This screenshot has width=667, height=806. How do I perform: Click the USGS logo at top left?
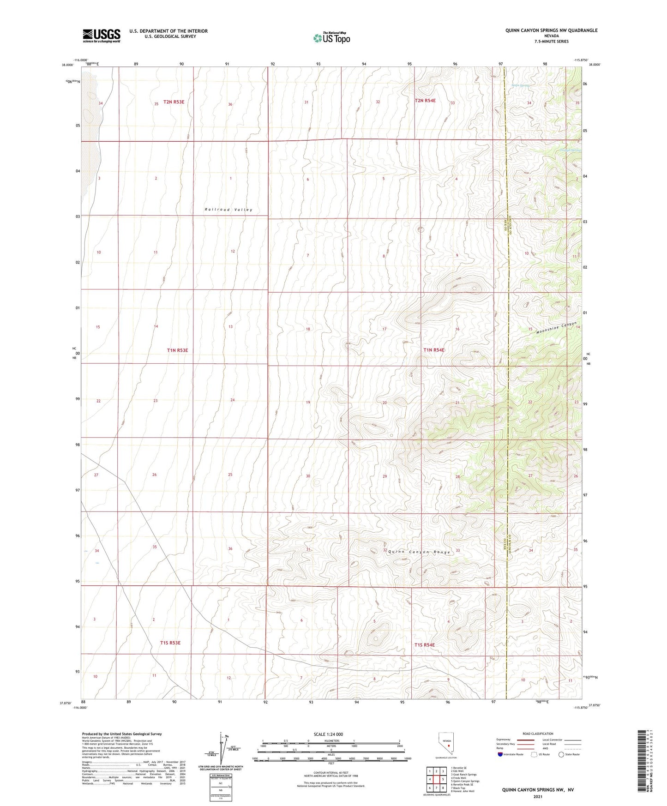pyautogui.click(x=102, y=36)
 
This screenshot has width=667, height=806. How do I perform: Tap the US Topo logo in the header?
pyautogui.click(x=331, y=38)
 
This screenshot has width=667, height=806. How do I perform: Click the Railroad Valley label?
pyautogui.click(x=228, y=210)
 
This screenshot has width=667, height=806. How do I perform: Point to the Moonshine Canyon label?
pyautogui.click(x=556, y=328)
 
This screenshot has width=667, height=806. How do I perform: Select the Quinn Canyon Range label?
pyautogui.click(x=419, y=552)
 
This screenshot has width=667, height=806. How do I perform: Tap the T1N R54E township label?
pyautogui.click(x=433, y=350)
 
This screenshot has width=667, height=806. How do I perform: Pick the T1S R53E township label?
pyautogui.click(x=170, y=643)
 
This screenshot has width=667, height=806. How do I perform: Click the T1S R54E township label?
pyautogui.click(x=424, y=645)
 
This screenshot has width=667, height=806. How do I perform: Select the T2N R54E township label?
pyautogui.click(x=425, y=101)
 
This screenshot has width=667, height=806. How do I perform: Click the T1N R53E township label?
pyautogui.click(x=177, y=350)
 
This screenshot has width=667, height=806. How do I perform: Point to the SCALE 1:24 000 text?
pyautogui.click(x=328, y=734)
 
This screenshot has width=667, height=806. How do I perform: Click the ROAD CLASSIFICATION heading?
pyautogui.click(x=538, y=734)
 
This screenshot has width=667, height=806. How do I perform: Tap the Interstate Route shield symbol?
pyautogui.click(x=500, y=754)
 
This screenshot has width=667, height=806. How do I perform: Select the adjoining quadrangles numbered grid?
pyautogui.click(x=436, y=779)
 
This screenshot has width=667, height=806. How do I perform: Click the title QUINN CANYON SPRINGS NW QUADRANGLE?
pyautogui.click(x=551, y=30)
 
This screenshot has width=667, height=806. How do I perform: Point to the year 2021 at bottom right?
pyautogui.click(x=538, y=796)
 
